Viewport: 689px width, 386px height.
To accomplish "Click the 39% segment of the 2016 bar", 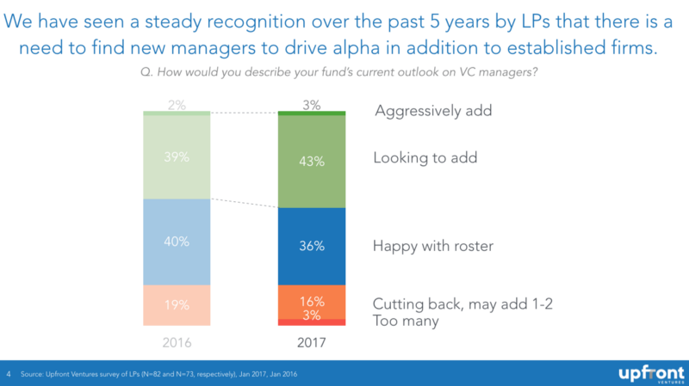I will tap(177, 157).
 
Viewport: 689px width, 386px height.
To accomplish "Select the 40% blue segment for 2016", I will tap(177, 242).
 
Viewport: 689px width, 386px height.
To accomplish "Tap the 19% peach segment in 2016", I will tap(177, 305).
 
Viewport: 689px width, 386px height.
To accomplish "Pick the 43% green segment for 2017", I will tap(312, 161).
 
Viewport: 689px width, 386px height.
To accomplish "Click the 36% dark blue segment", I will tap(312, 246).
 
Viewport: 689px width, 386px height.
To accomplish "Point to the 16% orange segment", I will tap(312, 301).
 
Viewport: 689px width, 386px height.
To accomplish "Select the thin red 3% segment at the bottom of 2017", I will tap(312, 322).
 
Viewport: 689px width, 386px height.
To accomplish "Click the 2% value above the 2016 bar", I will tap(177, 105).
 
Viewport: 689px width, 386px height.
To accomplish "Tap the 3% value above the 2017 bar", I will tap(312, 105).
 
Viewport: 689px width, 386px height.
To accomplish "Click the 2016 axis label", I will tap(177, 342).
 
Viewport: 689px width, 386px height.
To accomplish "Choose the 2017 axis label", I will tap(312, 342).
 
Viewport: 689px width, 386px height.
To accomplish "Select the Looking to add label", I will tap(425, 158).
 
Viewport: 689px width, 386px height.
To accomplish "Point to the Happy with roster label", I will tap(433, 246).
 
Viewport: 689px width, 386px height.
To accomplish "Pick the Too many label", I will tap(406, 321).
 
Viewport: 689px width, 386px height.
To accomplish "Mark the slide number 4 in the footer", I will tap(9, 375).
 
